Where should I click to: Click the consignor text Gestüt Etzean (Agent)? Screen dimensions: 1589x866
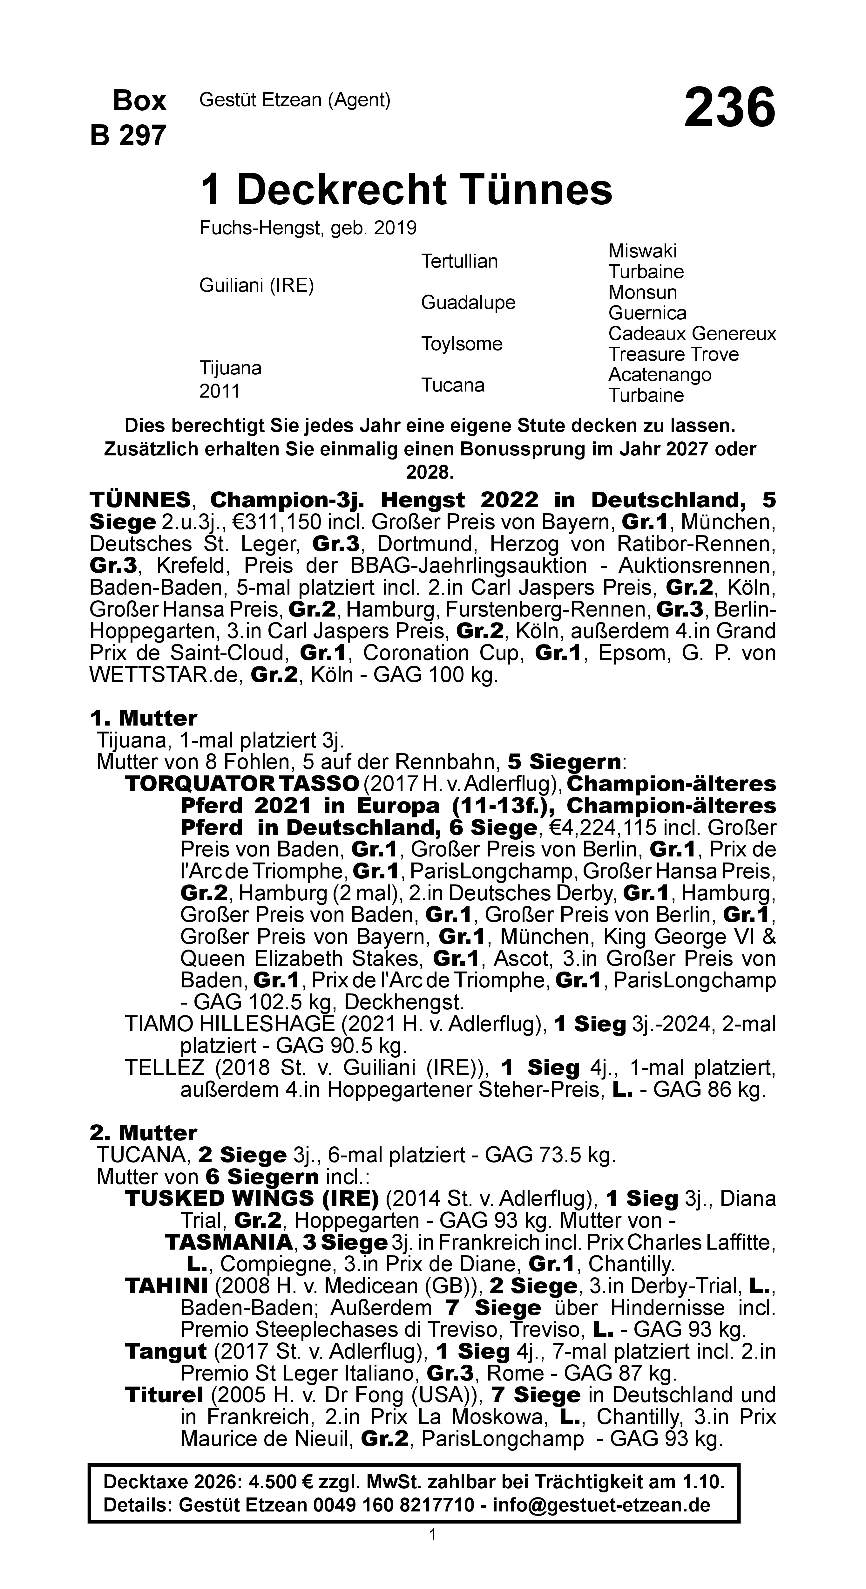point(295,100)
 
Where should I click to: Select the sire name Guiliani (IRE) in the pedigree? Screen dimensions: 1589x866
point(257,286)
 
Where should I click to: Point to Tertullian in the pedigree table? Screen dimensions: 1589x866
point(459,261)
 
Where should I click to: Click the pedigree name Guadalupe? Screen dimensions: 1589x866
point(468,302)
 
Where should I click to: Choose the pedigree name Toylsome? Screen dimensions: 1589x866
point(461,344)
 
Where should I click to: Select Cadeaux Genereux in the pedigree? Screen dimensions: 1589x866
point(692,334)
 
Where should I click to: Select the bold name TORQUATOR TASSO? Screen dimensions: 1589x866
point(242,784)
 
